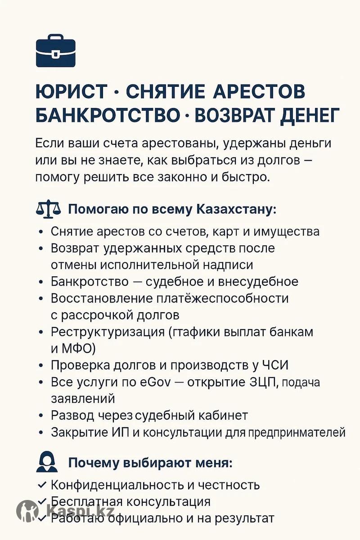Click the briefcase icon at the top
(55, 50)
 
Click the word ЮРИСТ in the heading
(71, 92)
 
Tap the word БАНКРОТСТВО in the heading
(107, 115)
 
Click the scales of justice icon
(47, 210)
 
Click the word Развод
(72, 415)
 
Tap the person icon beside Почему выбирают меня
(47, 462)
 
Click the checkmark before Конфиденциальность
(42, 485)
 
